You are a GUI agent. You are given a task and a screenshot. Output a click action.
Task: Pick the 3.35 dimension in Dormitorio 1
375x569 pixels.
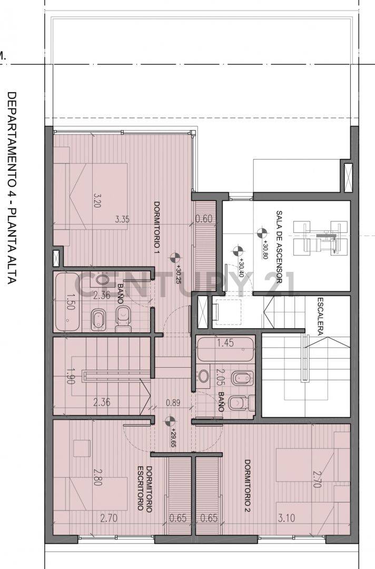pyautogui.click(x=123, y=220)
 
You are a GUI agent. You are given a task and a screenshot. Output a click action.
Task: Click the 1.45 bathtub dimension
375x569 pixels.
pyautogui.click(x=225, y=343)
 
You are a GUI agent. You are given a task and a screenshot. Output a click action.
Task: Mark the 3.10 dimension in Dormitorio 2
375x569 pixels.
pyautogui.click(x=287, y=518)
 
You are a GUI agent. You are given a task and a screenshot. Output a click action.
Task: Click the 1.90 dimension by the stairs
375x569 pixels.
pyautogui.click(x=69, y=377)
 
